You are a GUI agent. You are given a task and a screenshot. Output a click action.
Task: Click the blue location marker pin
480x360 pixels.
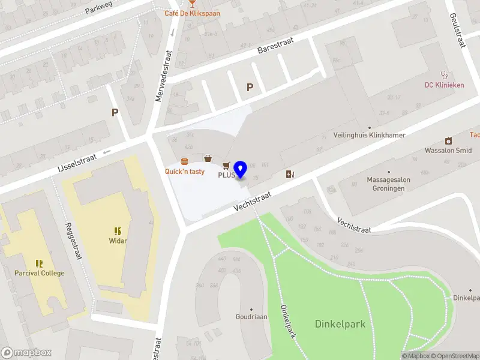tap(241, 169)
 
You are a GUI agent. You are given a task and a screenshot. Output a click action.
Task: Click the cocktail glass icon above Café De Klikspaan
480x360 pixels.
tap(191, 3)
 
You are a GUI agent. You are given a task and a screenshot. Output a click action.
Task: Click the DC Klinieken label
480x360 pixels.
tap(444, 85)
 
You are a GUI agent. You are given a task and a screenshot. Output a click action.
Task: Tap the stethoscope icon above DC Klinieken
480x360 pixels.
tap(444, 75)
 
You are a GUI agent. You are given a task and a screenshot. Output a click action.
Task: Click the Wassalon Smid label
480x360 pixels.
tap(448, 151)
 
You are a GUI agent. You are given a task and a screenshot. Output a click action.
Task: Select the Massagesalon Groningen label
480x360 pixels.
tap(387, 184)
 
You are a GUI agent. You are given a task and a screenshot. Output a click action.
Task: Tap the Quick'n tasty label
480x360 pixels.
tap(185, 172)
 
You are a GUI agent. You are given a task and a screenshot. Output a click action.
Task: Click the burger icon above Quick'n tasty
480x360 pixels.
tap(184, 161)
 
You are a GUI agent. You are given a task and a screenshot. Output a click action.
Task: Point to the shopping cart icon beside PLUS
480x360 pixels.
tap(226, 165)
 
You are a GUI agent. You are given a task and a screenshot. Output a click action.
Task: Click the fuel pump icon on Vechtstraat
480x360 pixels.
tap(290, 174)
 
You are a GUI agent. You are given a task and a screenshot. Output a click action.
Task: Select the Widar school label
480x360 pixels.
tap(118, 241)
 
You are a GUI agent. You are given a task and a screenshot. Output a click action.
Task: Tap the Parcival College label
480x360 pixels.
tap(40, 273)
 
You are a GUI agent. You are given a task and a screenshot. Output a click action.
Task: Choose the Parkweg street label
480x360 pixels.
tap(100, 8)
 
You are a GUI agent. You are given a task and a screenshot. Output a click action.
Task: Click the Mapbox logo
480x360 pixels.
tap(26, 353)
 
